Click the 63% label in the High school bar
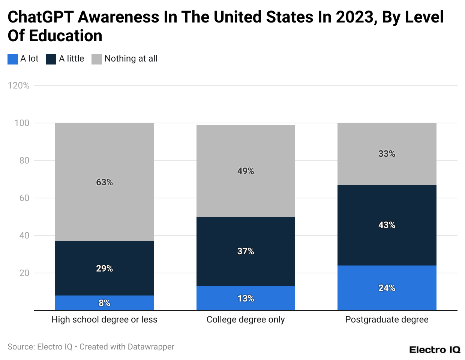(x=104, y=182)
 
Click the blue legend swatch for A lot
(x=13, y=59)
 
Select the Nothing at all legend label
(x=131, y=59)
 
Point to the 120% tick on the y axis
(x=18, y=85)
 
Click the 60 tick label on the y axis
(x=24, y=198)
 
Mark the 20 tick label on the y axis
(x=24, y=273)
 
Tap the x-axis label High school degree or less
(x=104, y=319)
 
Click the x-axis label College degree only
(x=246, y=319)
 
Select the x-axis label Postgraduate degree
(x=387, y=319)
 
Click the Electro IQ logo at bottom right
(x=435, y=349)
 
